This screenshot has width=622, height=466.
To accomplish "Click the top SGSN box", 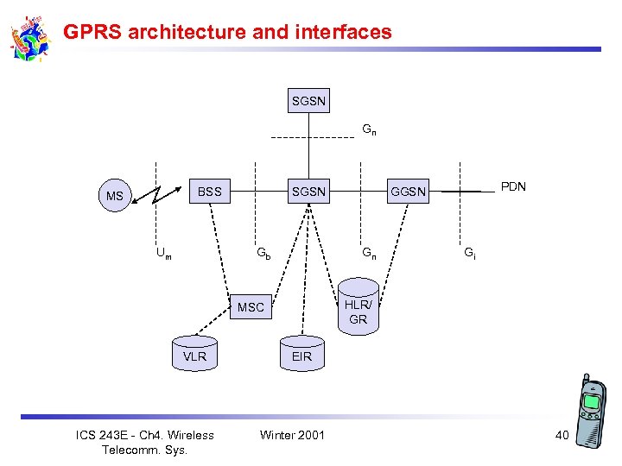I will pos(308,102).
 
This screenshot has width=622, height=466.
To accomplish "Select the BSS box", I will pos(210,191).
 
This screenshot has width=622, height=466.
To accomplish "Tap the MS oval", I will pos(114,197).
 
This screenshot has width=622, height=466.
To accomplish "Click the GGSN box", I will pos(408,192).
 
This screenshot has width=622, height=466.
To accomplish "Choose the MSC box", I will pos(251,307).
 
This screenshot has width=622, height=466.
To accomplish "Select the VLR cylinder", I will pos(195,356).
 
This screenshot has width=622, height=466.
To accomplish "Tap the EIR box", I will pos(301,356).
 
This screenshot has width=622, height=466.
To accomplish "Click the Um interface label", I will pos(163,254).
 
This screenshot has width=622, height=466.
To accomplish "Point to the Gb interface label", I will pos(263,254).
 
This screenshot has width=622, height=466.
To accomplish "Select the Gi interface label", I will pos(469,254).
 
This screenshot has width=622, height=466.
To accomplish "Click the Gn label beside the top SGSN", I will pos(369,130).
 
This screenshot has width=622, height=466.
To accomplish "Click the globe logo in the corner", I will pos(30,39).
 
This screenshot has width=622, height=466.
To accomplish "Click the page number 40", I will pos(562,435).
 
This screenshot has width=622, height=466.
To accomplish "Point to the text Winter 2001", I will pos(292,434).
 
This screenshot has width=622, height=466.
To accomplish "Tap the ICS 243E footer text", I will pos(145,442).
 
